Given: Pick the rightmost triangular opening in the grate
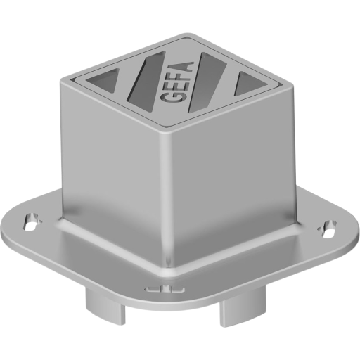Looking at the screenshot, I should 247,84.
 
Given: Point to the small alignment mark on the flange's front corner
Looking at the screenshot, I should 161,288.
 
